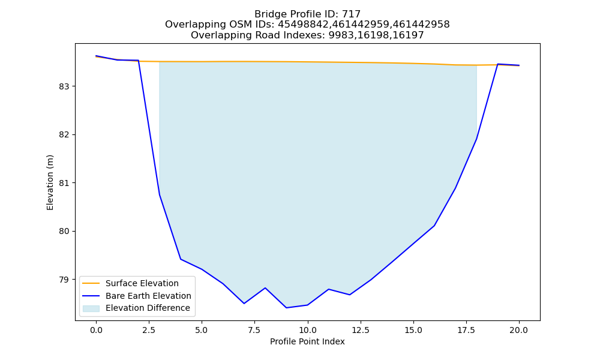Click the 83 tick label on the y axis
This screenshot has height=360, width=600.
(64, 86)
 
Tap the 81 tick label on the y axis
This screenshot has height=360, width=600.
(64, 183)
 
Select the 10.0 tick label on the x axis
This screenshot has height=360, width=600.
(307, 330)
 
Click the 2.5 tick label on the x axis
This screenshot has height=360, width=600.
(149, 330)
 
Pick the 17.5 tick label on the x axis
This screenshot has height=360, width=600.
(466, 330)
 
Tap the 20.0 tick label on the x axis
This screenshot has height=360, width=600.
(519, 330)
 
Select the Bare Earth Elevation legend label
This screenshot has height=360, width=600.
(148, 296)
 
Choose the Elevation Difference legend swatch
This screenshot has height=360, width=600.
(91, 308)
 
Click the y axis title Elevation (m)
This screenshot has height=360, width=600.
(50, 182)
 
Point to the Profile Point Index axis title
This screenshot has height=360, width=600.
(307, 341)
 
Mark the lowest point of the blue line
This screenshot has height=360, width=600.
(286, 308)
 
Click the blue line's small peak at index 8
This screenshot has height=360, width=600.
(265, 287)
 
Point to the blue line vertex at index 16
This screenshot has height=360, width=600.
(434, 226)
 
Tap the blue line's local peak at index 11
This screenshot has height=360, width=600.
(329, 289)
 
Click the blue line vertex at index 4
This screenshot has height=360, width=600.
(181, 259)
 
